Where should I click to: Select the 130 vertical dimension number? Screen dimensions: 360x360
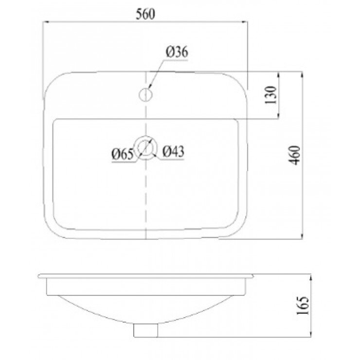tap(272, 95)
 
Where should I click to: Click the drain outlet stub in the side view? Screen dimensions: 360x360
tap(146, 330)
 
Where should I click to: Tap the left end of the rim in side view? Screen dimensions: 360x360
tap(40, 276)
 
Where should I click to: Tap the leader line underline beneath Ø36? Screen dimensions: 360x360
tap(178, 59)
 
